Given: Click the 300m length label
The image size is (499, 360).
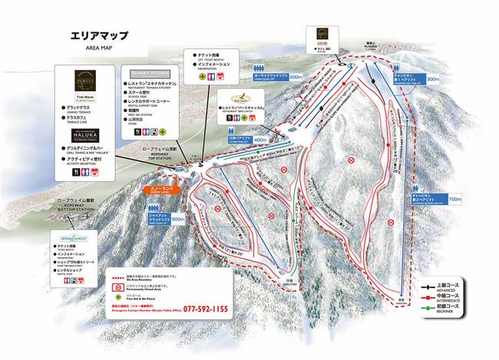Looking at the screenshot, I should tap(434, 79).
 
